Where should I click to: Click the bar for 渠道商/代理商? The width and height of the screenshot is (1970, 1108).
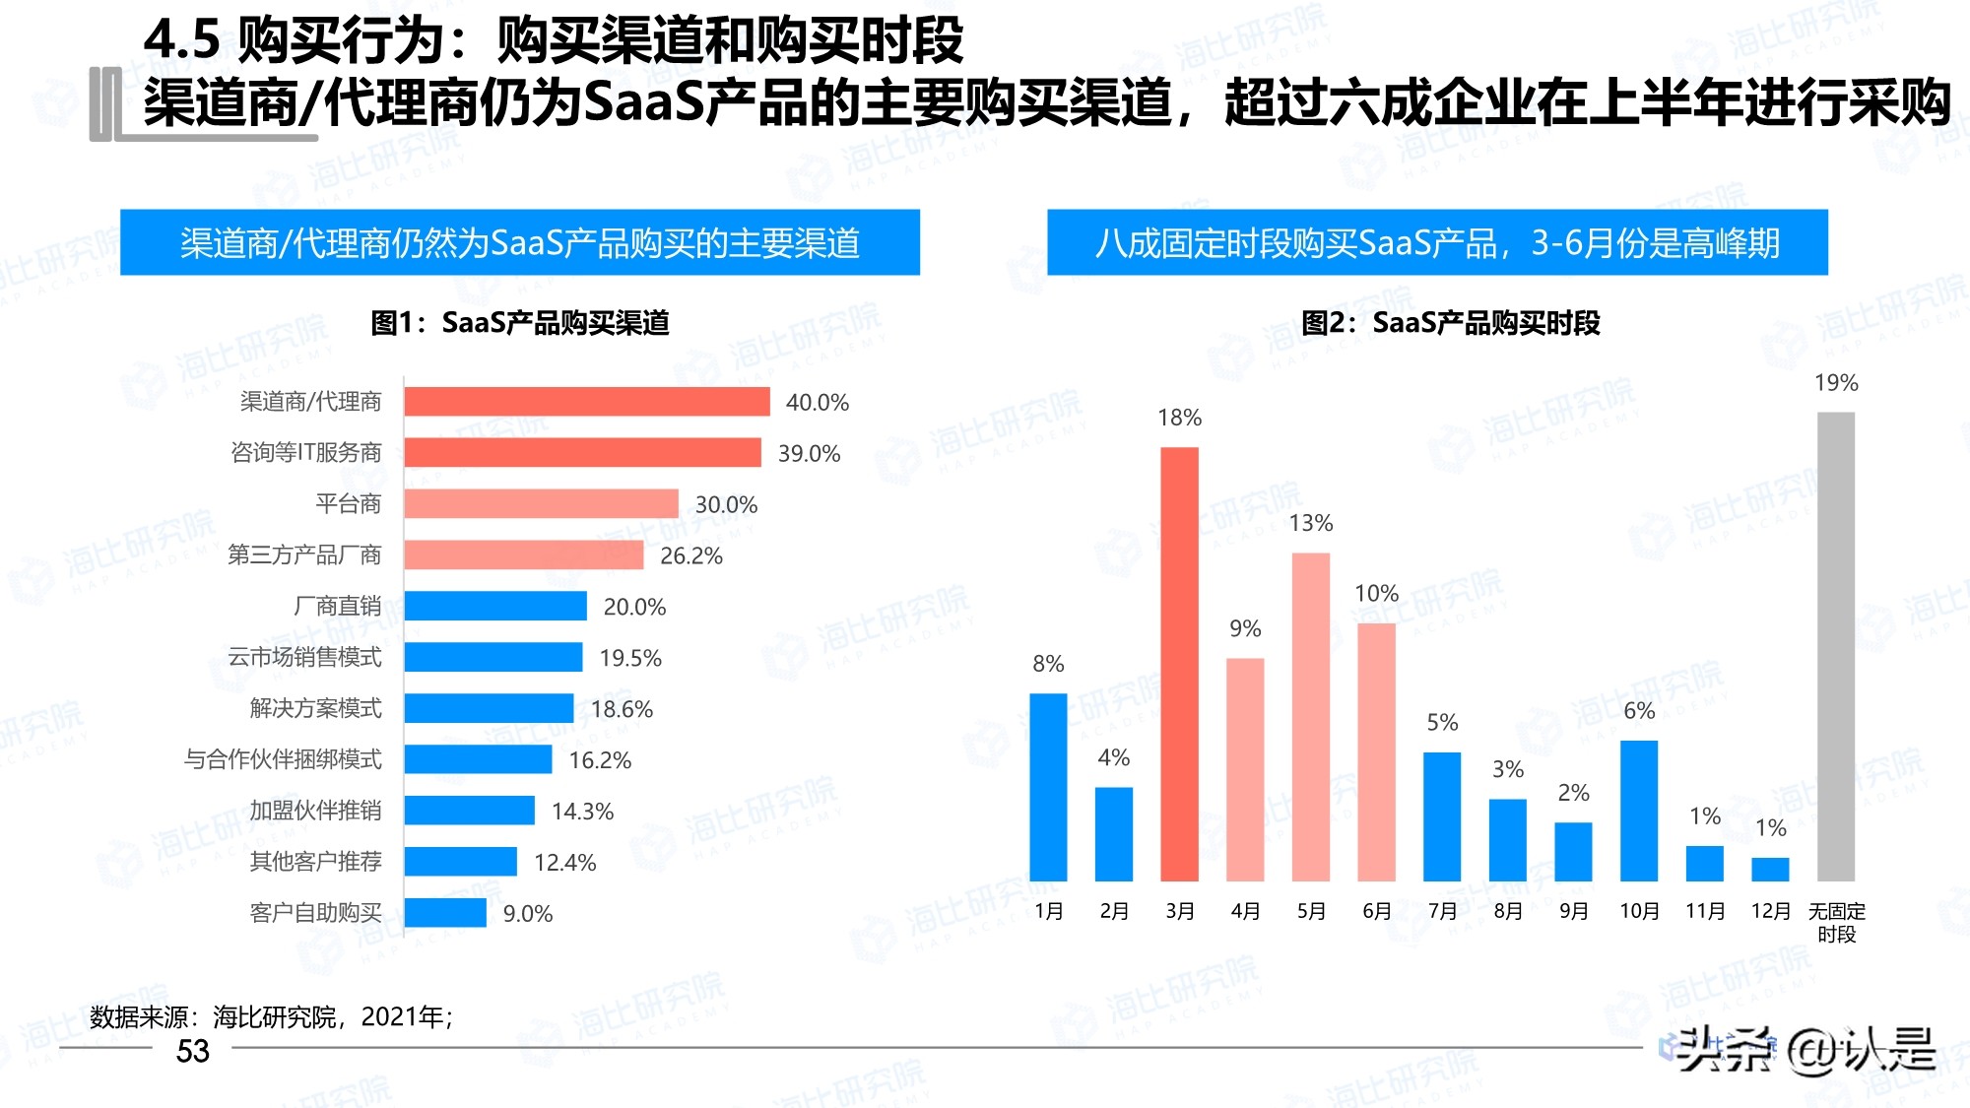point(586,402)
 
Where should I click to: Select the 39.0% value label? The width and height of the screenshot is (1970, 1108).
point(809,454)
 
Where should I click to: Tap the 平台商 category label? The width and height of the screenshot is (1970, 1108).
point(348,504)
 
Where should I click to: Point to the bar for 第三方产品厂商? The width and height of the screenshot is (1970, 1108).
point(523,555)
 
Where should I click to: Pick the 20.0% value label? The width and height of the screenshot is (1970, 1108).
point(634,608)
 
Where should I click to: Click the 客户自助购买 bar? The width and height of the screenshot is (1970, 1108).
point(445,913)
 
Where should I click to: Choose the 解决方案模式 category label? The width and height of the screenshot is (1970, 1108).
point(315,709)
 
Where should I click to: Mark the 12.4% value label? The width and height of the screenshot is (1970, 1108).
point(564,863)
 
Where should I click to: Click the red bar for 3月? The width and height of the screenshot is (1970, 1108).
point(1179,664)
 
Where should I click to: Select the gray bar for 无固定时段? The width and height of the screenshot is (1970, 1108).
point(1835,646)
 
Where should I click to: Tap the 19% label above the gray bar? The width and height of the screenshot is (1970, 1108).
point(1836,383)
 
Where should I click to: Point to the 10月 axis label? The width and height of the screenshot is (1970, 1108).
point(1639,912)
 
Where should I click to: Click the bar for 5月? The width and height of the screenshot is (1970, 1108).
point(1310,716)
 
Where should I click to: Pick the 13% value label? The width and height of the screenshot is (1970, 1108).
point(1311,523)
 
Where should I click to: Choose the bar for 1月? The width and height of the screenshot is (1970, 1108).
point(1048,787)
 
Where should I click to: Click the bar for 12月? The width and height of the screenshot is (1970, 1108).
point(1770,869)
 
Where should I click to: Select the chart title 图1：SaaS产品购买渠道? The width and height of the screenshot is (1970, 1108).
point(520,323)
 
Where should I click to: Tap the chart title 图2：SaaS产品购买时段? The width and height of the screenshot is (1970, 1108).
point(1450,323)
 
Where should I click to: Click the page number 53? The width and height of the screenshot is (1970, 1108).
point(193,1052)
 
